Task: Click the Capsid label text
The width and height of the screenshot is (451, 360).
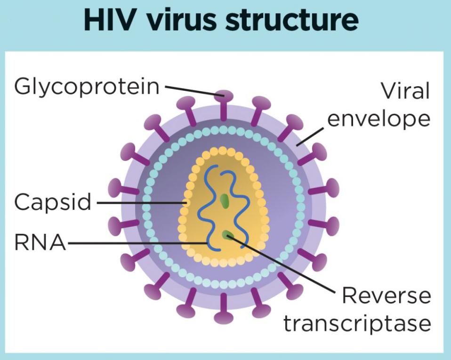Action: tap(53, 202)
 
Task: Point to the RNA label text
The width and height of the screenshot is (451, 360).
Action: tap(40, 242)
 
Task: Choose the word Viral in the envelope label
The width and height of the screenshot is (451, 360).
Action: tap(405, 91)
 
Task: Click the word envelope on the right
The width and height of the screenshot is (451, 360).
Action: tap(379, 119)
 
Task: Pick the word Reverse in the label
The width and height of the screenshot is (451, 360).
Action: tap(387, 296)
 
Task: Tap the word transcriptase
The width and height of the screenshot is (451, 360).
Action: tap(357, 324)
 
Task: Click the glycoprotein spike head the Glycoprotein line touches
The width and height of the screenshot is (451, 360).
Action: tap(224, 96)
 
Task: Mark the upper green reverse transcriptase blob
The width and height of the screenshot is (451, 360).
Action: tap(224, 200)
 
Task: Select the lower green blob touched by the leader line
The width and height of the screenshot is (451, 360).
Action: tap(227, 235)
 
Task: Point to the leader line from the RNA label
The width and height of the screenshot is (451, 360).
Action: tap(137, 243)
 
